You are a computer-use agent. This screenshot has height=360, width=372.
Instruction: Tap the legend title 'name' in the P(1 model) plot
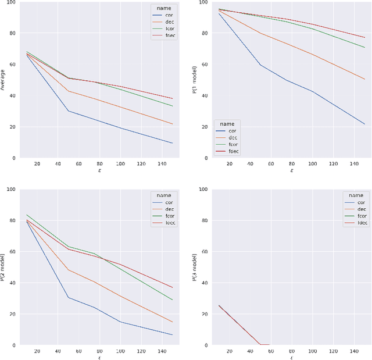click(227, 124)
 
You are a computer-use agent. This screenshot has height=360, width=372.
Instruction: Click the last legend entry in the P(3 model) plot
click(355, 223)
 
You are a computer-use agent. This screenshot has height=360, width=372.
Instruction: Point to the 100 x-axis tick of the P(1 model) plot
click(313, 164)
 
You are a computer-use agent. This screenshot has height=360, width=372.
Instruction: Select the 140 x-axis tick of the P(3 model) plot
click(355, 351)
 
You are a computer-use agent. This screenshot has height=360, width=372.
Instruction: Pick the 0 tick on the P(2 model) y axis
click(13, 345)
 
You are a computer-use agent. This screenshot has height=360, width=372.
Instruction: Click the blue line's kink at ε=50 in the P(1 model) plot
click(260, 65)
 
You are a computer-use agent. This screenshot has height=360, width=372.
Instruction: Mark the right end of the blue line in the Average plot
click(173, 143)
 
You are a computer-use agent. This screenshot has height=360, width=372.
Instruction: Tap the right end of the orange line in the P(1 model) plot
click(365, 79)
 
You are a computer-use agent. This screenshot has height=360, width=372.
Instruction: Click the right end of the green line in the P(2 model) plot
click(173, 300)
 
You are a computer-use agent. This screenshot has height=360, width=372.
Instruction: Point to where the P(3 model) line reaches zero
click(260, 345)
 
